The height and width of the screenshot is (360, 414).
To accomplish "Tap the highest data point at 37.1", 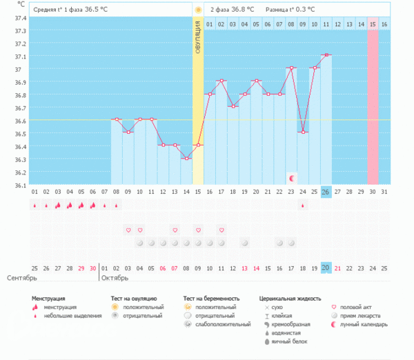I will [x=326, y=54].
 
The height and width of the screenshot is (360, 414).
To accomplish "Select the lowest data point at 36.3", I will [x=186, y=159].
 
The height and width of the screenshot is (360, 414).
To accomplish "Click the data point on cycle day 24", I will [x=303, y=132].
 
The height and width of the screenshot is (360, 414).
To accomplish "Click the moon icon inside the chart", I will [x=291, y=178].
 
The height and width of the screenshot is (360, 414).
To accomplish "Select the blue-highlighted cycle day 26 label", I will [x=326, y=191].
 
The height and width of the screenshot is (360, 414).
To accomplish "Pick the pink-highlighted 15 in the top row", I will [x=373, y=24].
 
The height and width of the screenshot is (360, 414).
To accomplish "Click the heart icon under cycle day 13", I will [x=175, y=230].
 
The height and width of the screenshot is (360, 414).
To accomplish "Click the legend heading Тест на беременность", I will [x=215, y=298].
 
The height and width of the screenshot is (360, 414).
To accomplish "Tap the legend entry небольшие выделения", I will [x=66, y=315].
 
